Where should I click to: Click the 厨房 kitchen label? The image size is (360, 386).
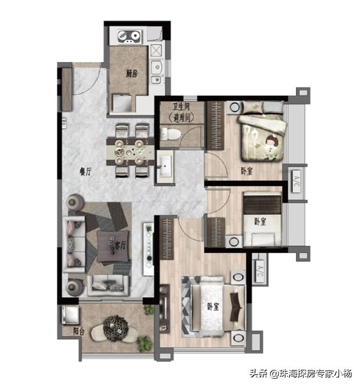(x=132, y=74)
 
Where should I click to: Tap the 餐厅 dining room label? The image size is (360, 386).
(x=85, y=171)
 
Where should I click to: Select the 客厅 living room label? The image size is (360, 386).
(x=120, y=245)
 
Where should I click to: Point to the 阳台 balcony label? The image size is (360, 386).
(x=79, y=331)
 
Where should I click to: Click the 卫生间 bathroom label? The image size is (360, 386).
(x=181, y=107)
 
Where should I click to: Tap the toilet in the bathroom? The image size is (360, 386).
(x=171, y=134)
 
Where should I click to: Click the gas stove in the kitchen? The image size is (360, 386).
(x=130, y=37)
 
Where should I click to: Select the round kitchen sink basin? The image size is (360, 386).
(x=156, y=66)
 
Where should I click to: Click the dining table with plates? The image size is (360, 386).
(x=130, y=152)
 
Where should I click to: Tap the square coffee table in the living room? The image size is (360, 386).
(x=113, y=246)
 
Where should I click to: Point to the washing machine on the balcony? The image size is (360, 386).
(x=70, y=315)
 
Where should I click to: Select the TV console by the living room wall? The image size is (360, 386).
(x=149, y=249)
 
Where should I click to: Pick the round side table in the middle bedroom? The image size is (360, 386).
(x=234, y=241)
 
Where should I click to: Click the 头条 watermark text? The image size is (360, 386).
(x=259, y=374)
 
